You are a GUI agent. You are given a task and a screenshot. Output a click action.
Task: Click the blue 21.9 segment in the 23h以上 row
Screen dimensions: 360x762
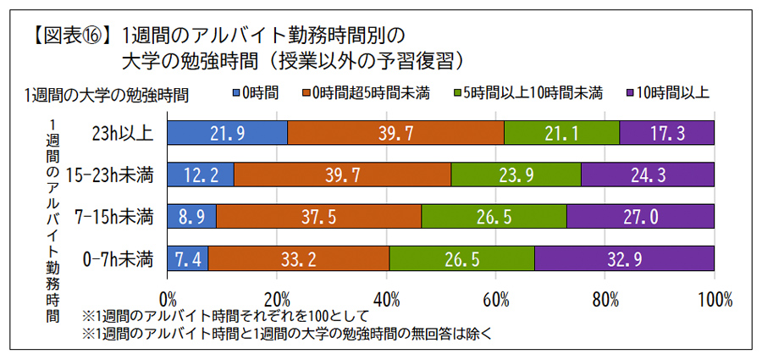point(228,133)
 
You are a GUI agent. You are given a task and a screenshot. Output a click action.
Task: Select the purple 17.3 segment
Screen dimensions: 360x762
point(667,133)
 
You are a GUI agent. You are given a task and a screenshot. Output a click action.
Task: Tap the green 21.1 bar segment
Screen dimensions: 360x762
point(562,133)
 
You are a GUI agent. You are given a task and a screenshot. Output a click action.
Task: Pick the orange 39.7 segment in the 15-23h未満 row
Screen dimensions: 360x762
point(342,174)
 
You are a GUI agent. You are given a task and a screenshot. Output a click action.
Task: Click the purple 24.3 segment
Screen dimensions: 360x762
point(648,174)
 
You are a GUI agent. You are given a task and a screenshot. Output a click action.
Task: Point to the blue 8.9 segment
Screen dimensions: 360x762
point(192,216)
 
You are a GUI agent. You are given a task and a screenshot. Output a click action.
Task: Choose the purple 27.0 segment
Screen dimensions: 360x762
point(641,216)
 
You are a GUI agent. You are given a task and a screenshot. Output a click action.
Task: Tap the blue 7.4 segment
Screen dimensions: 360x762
point(188,258)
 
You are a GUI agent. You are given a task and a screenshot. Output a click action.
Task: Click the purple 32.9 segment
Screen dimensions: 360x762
point(625,258)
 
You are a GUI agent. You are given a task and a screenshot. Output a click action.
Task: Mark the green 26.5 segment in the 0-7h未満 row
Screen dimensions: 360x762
point(462,258)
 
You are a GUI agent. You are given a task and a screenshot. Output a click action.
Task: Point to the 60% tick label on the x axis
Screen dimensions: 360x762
point(496,299)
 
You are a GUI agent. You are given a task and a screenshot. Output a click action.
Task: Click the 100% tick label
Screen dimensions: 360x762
point(716,299)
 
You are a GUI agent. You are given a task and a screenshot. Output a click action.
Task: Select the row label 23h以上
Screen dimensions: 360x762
point(124,133)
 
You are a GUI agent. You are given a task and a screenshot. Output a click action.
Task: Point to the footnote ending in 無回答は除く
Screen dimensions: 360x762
point(287,333)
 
